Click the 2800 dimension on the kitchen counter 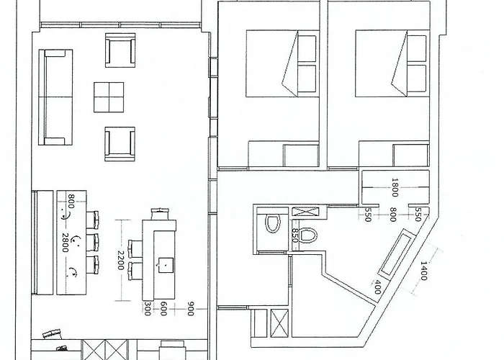coord(65,242)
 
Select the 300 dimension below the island coord(147,308)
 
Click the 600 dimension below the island coord(164,308)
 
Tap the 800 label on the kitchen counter coord(71,201)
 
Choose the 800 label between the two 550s coord(392,215)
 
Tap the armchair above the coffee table coord(120,49)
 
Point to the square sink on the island coord(166,264)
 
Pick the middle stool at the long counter coord(93,241)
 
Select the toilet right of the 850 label coord(308,235)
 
